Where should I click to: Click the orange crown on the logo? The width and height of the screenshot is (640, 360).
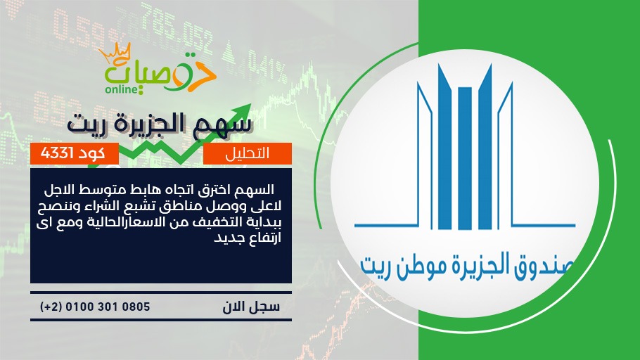click(116, 53)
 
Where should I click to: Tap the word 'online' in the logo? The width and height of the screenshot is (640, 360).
click(122, 89)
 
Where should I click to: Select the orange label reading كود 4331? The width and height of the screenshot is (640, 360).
click(75, 153)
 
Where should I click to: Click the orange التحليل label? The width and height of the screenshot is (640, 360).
click(248, 153)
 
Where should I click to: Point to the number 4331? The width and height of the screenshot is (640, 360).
click(57, 153)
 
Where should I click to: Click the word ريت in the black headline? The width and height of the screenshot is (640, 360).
click(84, 124)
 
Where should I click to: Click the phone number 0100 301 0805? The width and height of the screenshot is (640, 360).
click(108, 307)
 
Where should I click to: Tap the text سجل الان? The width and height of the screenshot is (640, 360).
click(251, 307)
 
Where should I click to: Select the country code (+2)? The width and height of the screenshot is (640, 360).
click(51, 307)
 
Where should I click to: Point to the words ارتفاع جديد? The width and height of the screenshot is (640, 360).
click(248, 238)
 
